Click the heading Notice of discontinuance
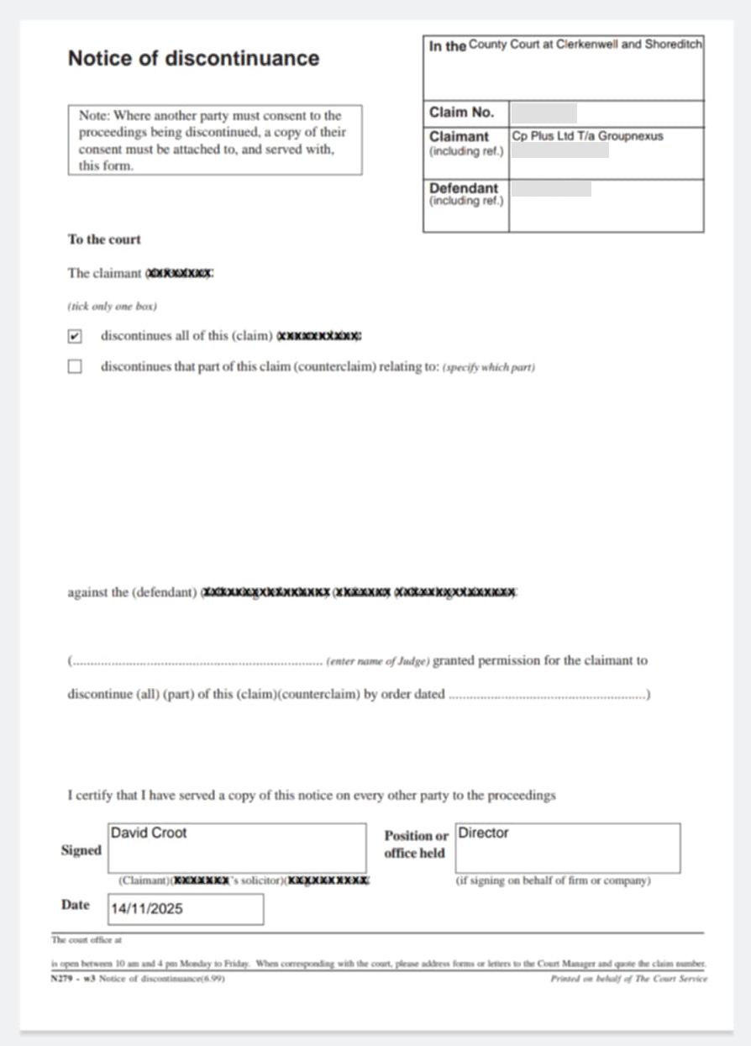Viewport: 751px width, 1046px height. coord(193,58)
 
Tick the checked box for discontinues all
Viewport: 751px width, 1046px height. coord(76,336)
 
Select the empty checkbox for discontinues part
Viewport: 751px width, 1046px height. coord(76,367)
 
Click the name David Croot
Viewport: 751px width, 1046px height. coord(149,833)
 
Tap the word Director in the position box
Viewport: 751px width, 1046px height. coord(484,833)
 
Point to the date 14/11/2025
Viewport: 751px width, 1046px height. coord(147,908)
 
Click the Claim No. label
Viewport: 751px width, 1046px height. coord(461,113)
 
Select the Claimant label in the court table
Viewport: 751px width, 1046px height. coord(459,136)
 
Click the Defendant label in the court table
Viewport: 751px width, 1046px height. coord(463,188)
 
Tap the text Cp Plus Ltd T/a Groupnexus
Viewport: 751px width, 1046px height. coord(587,135)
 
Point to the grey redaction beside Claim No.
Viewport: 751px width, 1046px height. coord(544,113)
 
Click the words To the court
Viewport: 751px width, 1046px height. coord(104,239)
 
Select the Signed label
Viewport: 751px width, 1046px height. coord(81,850)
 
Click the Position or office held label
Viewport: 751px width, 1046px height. coord(416,844)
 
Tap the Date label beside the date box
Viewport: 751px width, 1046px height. coord(75,905)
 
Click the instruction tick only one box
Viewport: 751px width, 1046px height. coord(112,307)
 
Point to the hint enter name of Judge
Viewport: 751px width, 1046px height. coord(378,662)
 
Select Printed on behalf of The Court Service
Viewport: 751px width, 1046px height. coord(628,979)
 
